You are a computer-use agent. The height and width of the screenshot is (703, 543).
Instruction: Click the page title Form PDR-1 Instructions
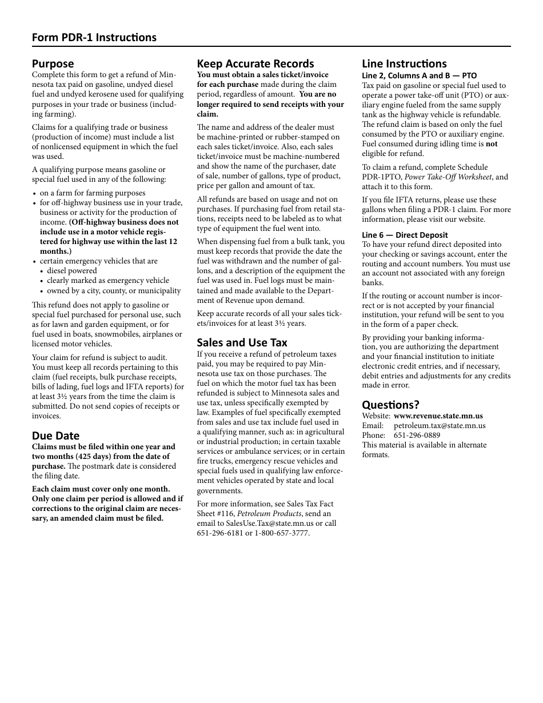click(94, 38)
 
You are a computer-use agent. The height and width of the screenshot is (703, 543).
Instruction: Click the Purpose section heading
click(53, 63)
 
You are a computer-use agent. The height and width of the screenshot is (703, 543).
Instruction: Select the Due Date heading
click(55, 436)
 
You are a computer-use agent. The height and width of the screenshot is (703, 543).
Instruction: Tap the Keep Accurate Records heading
click(255, 63)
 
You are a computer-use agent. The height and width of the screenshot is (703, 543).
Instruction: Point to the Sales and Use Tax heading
click(242, 342)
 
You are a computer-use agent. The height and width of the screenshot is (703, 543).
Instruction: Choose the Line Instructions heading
click(404, 63)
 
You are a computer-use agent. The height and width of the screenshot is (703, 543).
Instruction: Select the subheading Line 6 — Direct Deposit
click(405, 235)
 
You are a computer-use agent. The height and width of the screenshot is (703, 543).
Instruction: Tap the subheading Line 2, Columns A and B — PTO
click(419, 75)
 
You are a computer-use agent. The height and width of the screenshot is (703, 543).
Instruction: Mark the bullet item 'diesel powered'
click(72, 271)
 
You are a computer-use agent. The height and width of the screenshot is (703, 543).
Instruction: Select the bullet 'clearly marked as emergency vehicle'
click(108, 281)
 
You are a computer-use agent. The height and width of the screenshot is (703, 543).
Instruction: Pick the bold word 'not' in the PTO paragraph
click(492, 144)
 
